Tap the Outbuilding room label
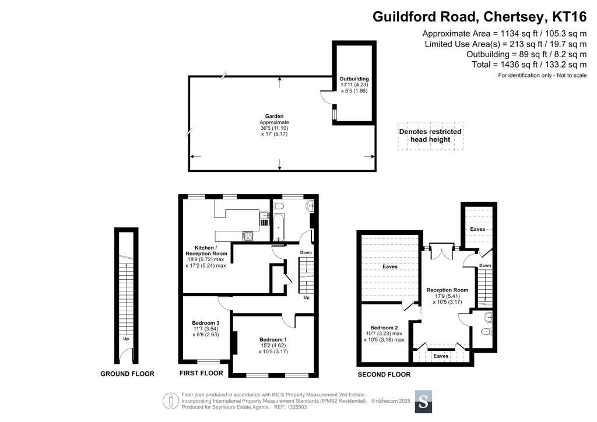[354, 79]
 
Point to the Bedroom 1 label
[273, 339]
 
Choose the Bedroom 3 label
[206, 323]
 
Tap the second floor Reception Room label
[447, 290]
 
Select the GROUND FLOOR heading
[127, 374]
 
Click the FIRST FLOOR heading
[201, 373]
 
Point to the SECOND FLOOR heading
[384, 375]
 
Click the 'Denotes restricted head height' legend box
[430, 136]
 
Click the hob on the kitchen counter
[247, 236]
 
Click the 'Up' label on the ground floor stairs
[125, 338]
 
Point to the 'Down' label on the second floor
[484, 265]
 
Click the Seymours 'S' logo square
[424, 401]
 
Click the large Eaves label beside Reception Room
[390, 266]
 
